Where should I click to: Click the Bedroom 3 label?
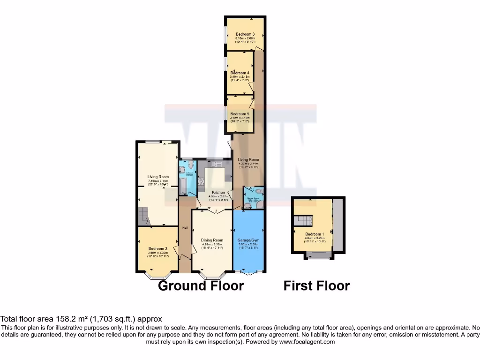[245, 34]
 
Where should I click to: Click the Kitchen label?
[218, 193]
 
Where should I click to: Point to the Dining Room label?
[212, 240]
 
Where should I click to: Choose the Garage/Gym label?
[249, 240]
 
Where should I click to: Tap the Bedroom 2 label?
[158, 248]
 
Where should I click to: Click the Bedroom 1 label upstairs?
[314, 234]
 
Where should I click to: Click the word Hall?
[185, 228]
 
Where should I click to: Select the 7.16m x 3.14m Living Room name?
[158, 177]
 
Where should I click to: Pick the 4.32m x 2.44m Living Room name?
[248, 160]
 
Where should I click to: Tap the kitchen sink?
[216, 164]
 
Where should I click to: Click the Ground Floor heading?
[201, 285]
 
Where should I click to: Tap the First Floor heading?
[317, 285]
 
